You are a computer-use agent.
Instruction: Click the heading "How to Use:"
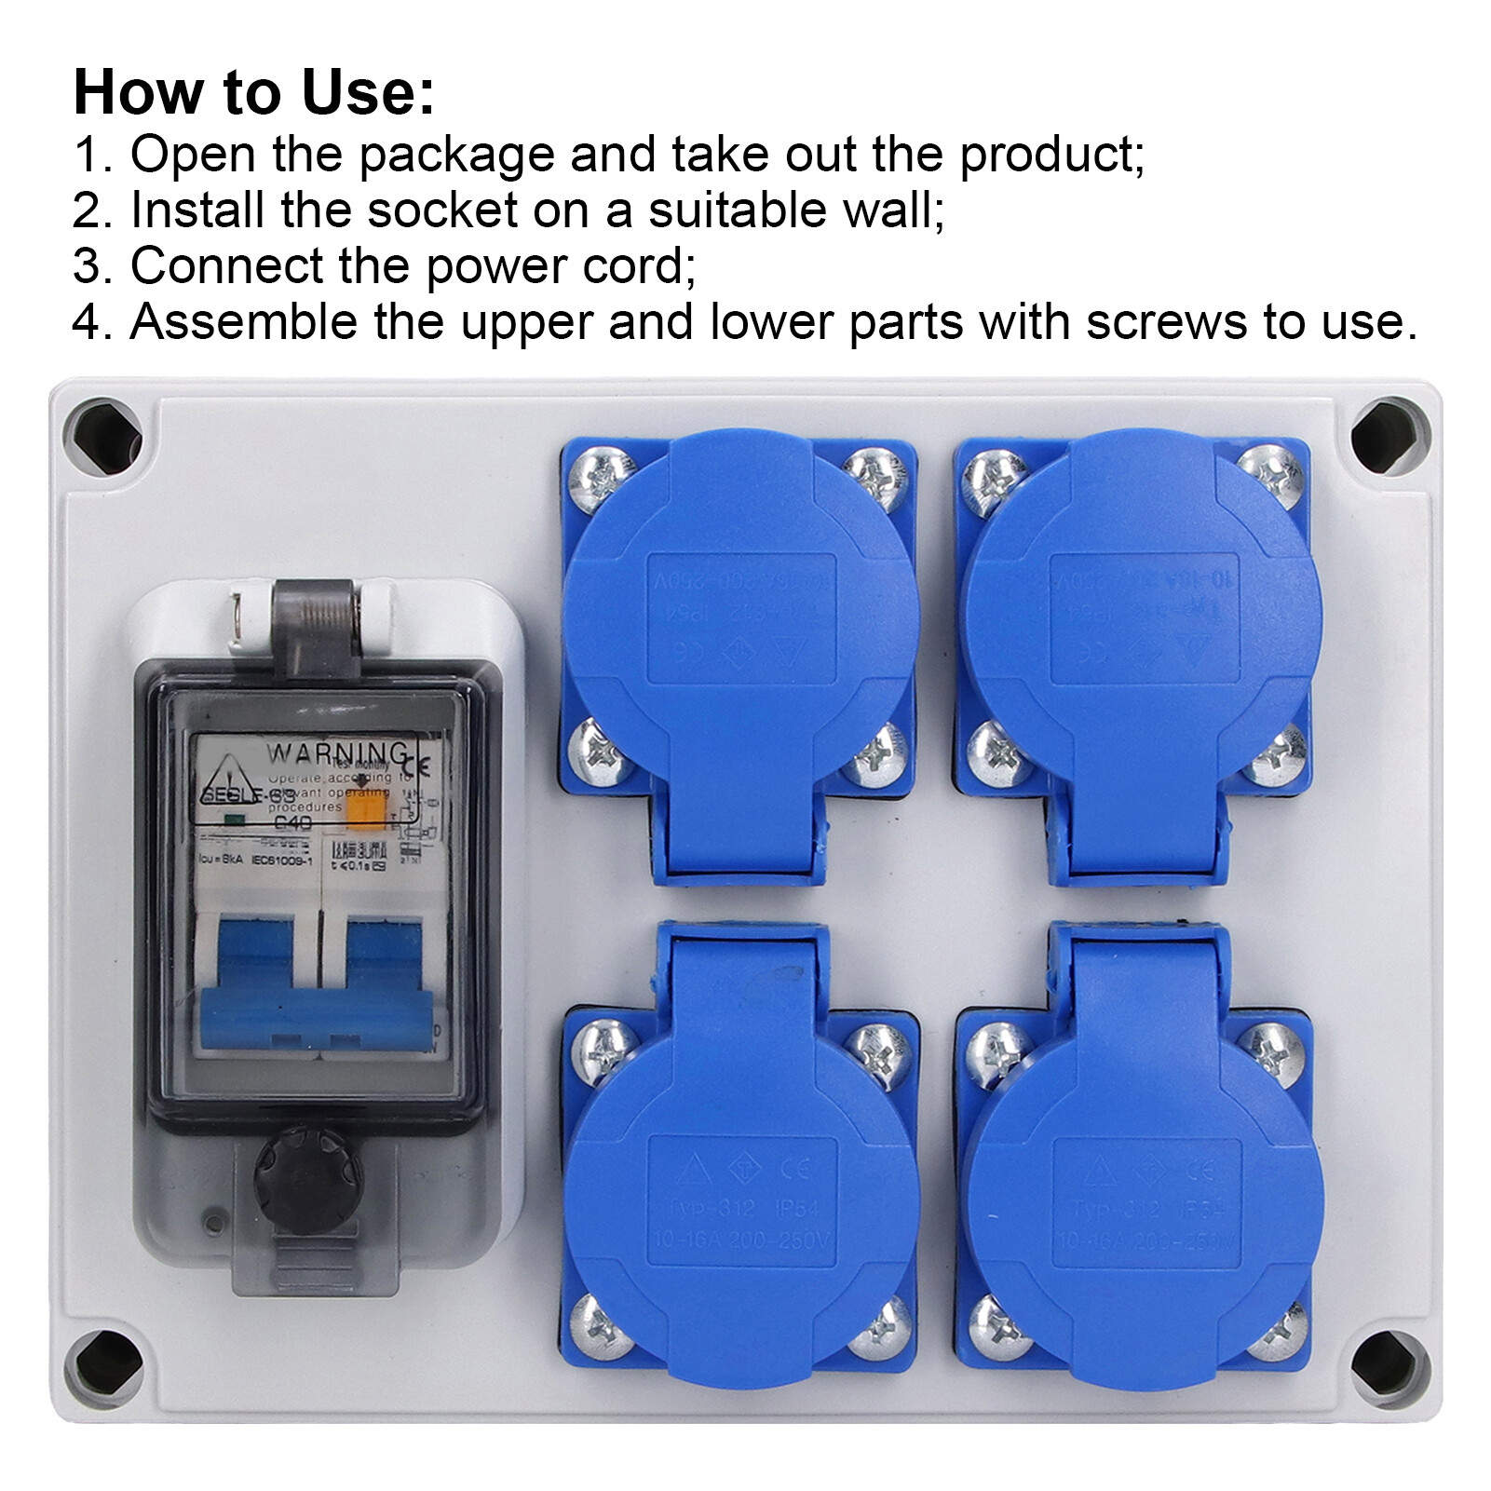[x=253, y=92]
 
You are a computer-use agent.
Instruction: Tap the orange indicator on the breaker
[x=366, y=809]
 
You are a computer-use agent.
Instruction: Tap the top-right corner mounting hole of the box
[x=1389, y=436]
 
